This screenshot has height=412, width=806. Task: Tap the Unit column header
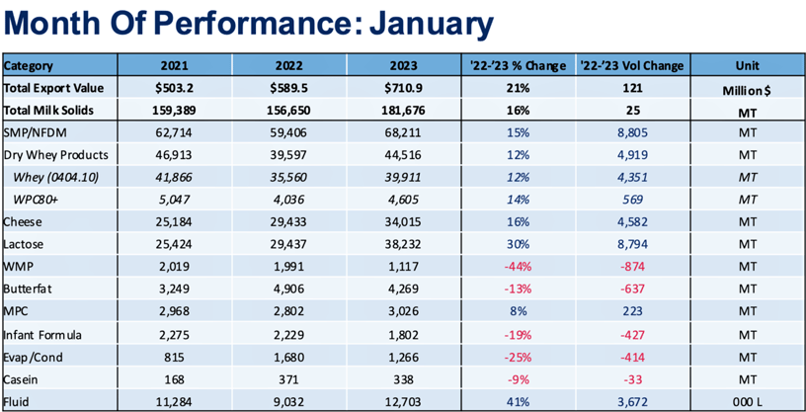click(747, 66)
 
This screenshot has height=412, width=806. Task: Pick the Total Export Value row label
click(54, 88)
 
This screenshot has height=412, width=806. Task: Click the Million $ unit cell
click(747, 89)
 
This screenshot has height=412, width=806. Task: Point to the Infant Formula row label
click(48, 334)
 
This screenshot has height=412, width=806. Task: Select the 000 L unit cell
click(747, 401)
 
